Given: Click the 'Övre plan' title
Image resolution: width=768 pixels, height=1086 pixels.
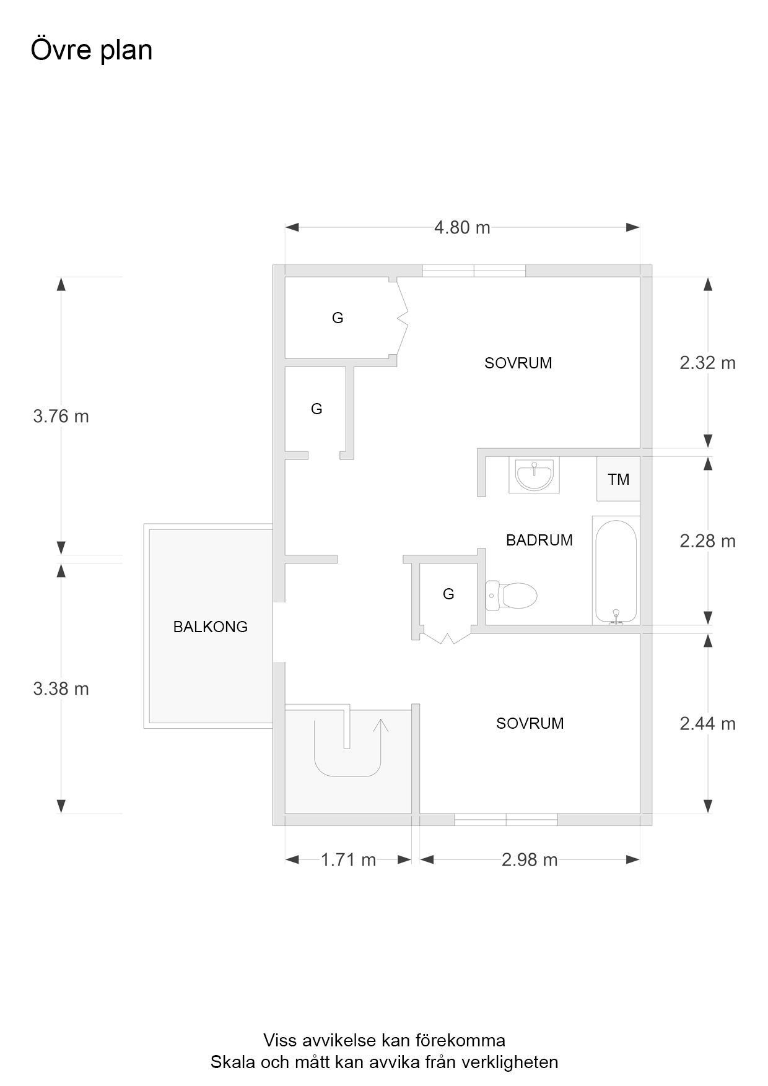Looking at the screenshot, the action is point(92,50).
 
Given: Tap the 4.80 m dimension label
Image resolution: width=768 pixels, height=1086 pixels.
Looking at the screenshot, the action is point(462,228).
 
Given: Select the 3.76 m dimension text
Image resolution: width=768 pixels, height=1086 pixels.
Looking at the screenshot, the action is point(61,416).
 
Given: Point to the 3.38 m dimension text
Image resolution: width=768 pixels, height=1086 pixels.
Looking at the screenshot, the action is point(61,689).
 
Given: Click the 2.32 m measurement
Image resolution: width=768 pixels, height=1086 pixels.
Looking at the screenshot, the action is point(707,363).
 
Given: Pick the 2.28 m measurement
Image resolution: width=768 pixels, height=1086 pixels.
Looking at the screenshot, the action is point(707,541).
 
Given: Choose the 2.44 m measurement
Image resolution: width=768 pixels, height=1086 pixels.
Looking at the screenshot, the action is point(707,723).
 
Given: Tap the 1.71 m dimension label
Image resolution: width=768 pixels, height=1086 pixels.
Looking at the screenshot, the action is point(348,860).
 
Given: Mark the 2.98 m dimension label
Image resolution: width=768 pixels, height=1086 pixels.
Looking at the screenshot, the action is point(530,860).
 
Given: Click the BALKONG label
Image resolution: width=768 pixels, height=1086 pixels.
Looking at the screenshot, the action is point(210,627).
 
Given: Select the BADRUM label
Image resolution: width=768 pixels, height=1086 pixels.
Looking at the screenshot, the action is point(539,540).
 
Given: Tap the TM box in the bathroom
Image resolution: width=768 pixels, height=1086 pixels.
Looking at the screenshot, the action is point(618,479).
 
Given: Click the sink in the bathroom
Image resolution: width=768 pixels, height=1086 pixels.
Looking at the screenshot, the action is point(534,475).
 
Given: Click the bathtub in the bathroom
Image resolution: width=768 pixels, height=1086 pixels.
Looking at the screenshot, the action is point(616,570).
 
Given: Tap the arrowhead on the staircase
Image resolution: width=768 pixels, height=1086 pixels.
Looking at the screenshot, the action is point(380,725).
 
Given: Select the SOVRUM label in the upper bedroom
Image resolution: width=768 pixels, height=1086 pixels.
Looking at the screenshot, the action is point(518,363).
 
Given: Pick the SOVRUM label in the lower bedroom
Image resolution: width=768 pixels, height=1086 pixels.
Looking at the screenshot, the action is point(530,723).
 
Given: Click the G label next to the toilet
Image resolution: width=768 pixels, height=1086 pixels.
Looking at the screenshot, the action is point(448,594).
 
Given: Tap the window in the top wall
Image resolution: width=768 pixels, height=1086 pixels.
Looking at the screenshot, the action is point(474,271).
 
